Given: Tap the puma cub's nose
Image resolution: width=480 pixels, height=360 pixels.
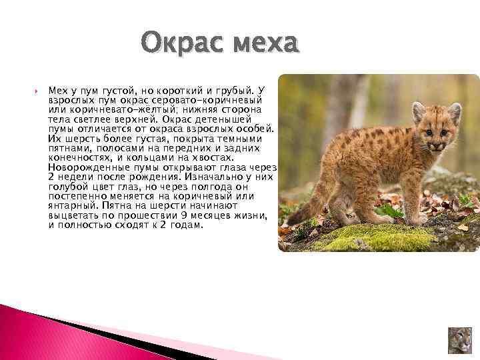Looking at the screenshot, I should tap(435, 145).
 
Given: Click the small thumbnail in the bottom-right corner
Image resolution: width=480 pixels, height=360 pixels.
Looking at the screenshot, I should tap(460, 339).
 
